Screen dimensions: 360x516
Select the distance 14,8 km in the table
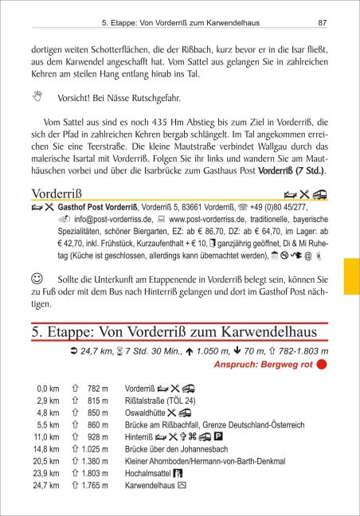pyautogui.click(x=48, y=449)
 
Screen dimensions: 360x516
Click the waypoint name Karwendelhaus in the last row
pyautogui.click(x=150, y=483)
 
